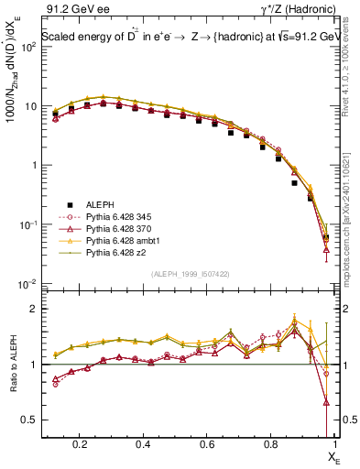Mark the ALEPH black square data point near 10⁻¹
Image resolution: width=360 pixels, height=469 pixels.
pos(311,197)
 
